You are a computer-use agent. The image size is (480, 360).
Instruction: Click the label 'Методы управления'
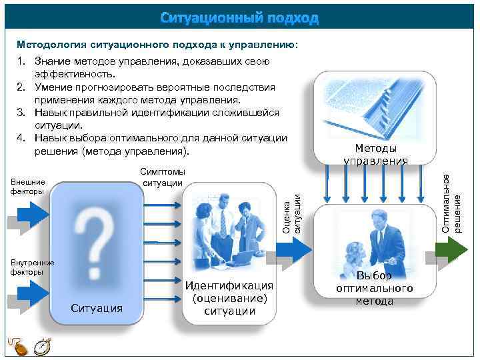(375, 154)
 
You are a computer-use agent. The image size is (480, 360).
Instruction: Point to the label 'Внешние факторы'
(27, 186)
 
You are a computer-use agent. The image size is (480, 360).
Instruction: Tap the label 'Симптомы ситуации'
(163, 178)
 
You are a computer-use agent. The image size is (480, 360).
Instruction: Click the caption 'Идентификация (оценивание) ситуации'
(229, 298)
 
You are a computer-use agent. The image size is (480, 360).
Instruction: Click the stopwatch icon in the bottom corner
(42, 347)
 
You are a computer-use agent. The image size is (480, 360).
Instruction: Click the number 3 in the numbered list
(21, 113)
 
